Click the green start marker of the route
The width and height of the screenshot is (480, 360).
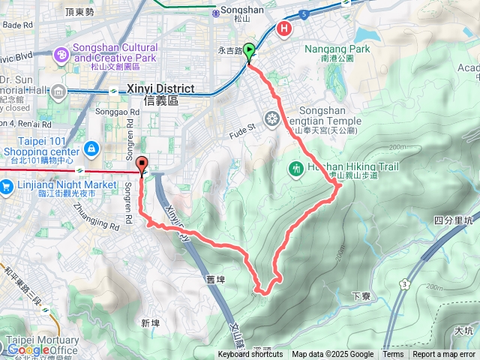pyautogui.click(x=249, y=51)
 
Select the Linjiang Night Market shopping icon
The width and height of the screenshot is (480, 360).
pyautogui.click(x=7, y=186)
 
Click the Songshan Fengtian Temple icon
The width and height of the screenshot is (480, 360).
pyautogui.click(x=271, y=118)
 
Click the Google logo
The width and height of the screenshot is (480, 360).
pyautogui.click(x=28, y=349)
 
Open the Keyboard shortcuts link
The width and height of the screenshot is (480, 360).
pyautogui.click(x=250, y=355)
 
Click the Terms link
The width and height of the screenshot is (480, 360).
pyautogui.click(x=393, y=355)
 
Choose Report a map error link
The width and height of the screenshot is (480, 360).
pyautogui.click(x=444, y=355)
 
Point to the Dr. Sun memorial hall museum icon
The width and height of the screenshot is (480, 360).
pyautogui.click(x=58, y=92)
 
